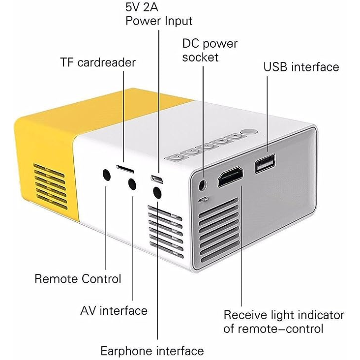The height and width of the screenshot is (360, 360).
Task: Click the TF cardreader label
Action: tap(98, 62)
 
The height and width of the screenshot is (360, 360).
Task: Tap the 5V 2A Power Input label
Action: tap(159, 14)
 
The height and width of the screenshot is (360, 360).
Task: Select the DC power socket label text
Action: tap(210, 51)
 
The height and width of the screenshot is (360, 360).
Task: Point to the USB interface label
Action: tap(301, 67)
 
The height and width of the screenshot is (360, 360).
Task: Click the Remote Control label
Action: tap(78, 279)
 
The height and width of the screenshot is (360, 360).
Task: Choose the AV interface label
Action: tap(114, 311)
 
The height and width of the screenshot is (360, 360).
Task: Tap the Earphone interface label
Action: tap(152, 351)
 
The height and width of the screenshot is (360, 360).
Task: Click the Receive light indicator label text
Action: tap(284, 322)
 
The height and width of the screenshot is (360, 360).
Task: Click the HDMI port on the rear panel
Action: tap(230, 177)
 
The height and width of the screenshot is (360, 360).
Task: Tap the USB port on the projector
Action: tap(265, 163)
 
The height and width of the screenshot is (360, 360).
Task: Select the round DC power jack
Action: tap(202, 184)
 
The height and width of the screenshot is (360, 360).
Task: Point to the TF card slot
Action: tap(125, 169)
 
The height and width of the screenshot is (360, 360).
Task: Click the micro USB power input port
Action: tap(157, 179)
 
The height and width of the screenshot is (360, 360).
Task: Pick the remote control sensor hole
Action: tap(107, 175)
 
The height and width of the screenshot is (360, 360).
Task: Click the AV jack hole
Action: tap(132, 183)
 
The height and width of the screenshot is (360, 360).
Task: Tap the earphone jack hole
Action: tap(157, 192)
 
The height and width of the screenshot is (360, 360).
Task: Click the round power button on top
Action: tap(249, 132)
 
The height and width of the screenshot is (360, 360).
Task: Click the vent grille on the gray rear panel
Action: tap(219, 230)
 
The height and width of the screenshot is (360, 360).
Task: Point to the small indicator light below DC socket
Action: tap(204, 199)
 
